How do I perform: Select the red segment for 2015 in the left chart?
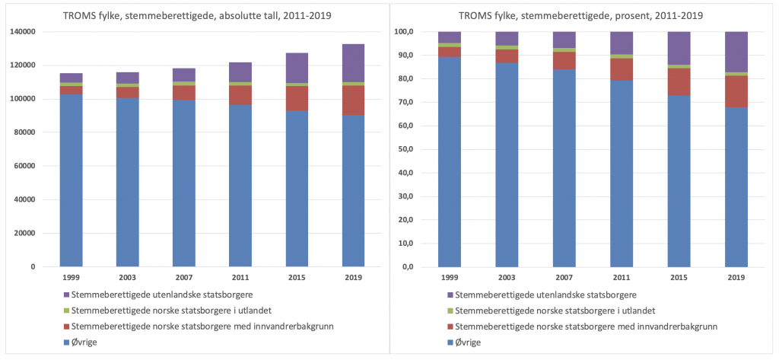[x=297, y=98]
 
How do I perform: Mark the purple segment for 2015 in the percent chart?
[x=679, y=48]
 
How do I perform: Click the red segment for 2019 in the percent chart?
[x=736, y=91]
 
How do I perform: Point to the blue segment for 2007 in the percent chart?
[x=564, y=167]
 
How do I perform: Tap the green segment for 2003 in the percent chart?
[x=507, y=47]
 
